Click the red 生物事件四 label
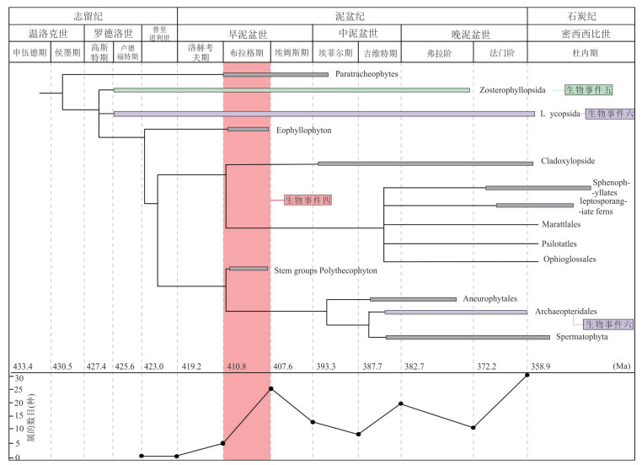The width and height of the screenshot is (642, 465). [308, 200]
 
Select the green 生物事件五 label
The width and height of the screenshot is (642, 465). [589, 89]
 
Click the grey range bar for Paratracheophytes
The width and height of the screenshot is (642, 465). [276, 74]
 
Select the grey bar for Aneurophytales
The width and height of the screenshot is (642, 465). [413, 298]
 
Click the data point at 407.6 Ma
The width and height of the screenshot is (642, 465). [270, 388]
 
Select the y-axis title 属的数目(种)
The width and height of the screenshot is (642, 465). [8, 418]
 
